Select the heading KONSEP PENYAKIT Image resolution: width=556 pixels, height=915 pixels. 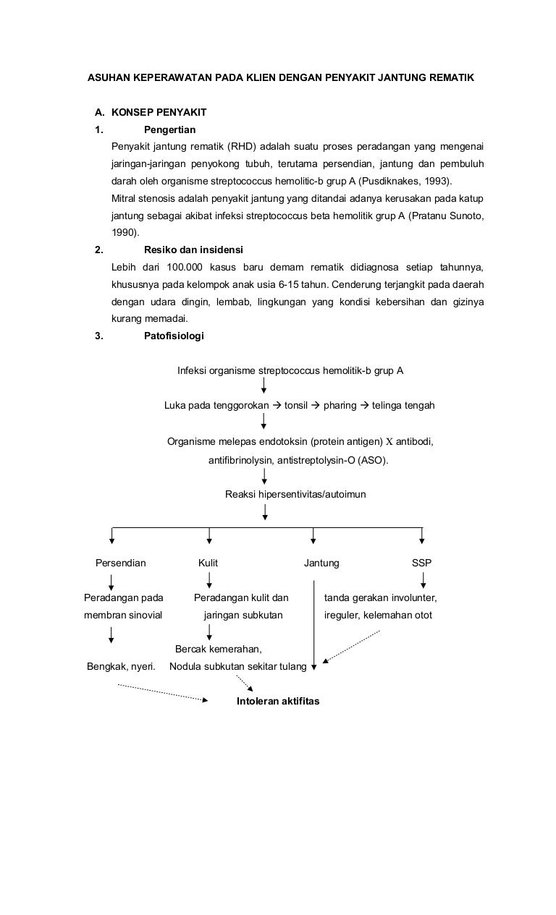(159, 112)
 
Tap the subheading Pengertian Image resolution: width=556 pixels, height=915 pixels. (170, 129)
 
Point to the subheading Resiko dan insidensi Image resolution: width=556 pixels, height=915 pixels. (194, 250)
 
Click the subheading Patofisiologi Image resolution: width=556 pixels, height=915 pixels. (174, 336)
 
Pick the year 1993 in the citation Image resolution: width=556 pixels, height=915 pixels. (434, 181)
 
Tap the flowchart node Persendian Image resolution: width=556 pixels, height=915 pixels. (121, 563)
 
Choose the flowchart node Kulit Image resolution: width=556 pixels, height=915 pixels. (208, 563)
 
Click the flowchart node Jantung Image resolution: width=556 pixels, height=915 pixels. (321, 563)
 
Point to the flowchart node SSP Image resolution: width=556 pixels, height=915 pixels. (421, 563)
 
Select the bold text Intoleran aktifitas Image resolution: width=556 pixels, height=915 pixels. (278, 701)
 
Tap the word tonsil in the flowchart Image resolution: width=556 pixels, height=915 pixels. (296, 405)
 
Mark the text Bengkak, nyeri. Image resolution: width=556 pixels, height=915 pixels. (121, 666)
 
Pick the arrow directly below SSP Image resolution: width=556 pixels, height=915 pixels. (424, 580)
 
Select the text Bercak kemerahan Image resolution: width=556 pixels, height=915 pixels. (219, 649)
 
